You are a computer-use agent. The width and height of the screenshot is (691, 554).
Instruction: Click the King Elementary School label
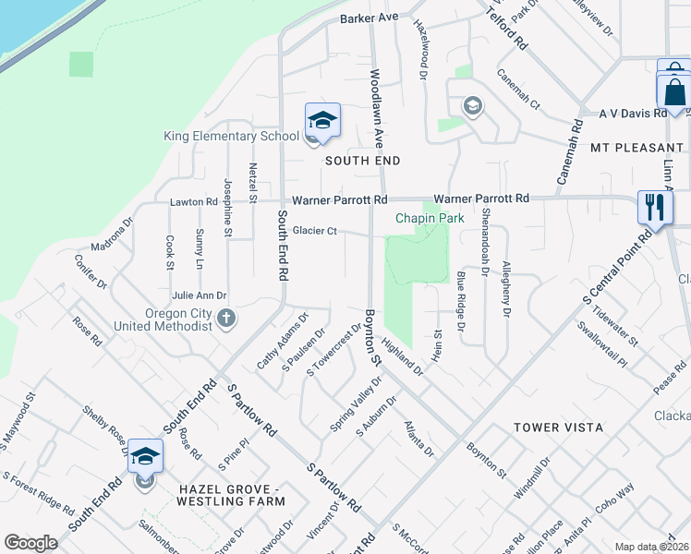[x=231, y=136]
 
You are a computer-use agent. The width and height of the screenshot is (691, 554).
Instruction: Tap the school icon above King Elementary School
[x=322, y=121]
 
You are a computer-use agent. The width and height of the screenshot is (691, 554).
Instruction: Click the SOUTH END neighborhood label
[x=362, y=161]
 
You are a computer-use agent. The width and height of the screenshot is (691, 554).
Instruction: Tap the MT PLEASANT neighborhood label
[x=637, y=148]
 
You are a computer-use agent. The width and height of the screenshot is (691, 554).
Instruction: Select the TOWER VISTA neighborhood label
[x=560, y=428]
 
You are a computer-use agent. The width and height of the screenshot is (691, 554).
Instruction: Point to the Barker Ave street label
[x=368, y=18]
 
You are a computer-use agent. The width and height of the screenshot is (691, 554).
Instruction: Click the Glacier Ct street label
[x=316, y=231]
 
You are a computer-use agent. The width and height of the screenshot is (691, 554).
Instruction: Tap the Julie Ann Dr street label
[x=199, y=295]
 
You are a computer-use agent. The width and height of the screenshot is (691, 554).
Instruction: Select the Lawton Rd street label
[x=193, y=201]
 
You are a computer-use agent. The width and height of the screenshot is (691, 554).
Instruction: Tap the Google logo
[x=30, y=543]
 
